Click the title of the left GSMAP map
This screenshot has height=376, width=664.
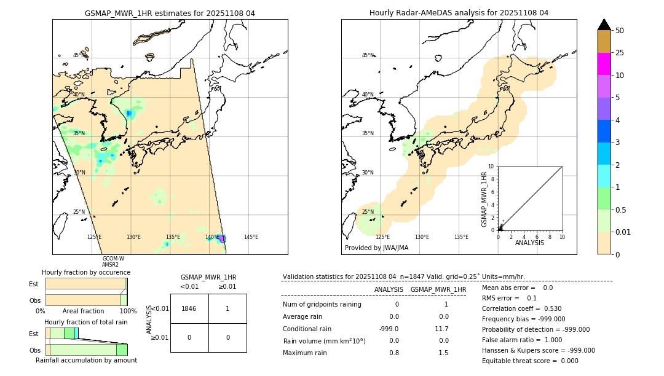point(170,13)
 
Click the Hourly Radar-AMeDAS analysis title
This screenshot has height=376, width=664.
point(459,13)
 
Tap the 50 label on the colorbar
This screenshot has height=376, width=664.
point(620,31)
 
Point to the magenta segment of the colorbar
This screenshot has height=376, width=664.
point(604,64)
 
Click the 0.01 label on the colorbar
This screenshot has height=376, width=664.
point(623,232)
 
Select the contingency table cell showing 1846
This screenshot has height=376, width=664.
point(189,308)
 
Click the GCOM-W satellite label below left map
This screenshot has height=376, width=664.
point(113,259)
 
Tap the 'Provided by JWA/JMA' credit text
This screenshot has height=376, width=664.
point(376,248)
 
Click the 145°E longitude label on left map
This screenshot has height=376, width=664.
point(251,237)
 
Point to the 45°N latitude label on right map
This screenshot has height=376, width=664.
point(368,55)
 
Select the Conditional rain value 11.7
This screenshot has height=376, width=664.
point(441,329)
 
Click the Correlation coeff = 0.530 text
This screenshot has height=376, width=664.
point(521,308)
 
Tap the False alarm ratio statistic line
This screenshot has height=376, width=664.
point(522,340)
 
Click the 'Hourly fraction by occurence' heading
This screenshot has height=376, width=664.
point(86,272)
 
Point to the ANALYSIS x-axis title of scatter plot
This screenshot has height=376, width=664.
point(529,243)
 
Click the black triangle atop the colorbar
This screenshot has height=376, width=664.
point(604,25)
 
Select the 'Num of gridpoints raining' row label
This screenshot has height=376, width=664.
point(322,305)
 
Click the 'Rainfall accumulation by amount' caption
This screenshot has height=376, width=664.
point(86,360)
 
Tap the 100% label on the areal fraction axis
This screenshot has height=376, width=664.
point(127,311)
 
